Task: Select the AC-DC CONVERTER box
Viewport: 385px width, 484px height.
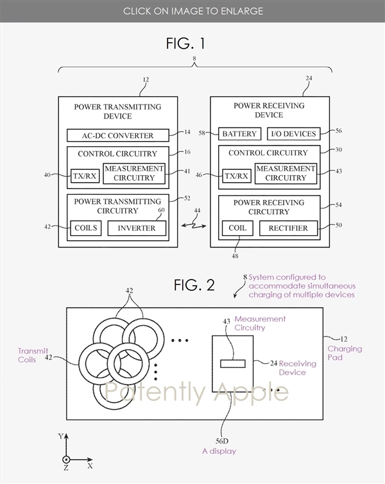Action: (118, 135)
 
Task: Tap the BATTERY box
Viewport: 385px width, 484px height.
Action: (239, 134)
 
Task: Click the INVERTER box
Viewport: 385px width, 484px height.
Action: (136, 228)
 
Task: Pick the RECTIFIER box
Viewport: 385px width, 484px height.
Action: (288, 228)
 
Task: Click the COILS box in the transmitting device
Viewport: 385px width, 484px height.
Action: (85, 228)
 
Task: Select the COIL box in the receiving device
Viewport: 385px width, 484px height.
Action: (237, 228)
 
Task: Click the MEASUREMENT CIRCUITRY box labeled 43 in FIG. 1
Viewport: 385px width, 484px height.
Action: (286, 173)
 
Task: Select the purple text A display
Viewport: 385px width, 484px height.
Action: (219, 451)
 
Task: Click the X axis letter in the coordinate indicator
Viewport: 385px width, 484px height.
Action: (90, 465)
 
